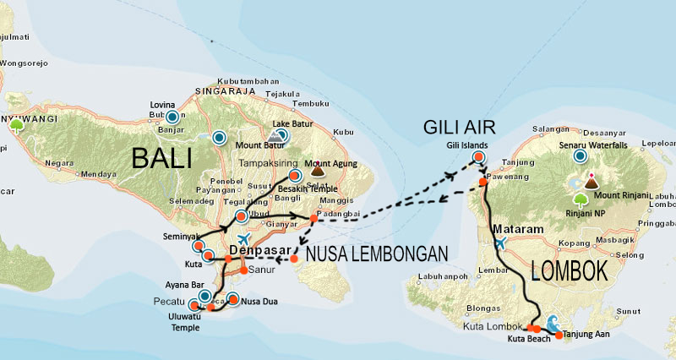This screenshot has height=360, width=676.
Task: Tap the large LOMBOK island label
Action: pyautogui.click(x=571, y=271)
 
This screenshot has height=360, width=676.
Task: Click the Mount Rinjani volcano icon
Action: pyautogui.click(x=591, y=181)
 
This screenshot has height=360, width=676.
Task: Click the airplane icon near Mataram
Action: pyautogui.click(x=500, y=243)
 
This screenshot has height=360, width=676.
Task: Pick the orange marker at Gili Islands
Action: pyautogui.click(x=479, y=157)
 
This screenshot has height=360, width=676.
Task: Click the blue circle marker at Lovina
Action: pyautogui.click(x=172, y=117)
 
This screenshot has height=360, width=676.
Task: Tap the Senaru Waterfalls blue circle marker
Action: pyautogui.click(x=580, y=155)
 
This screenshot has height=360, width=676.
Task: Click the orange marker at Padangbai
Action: pyautogui.click(x=313, y=218)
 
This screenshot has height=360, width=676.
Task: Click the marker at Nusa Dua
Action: pyautogui.click(x=233, y=298)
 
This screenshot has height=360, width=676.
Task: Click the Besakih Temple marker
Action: pyautogui.click(x=294, y=176)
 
